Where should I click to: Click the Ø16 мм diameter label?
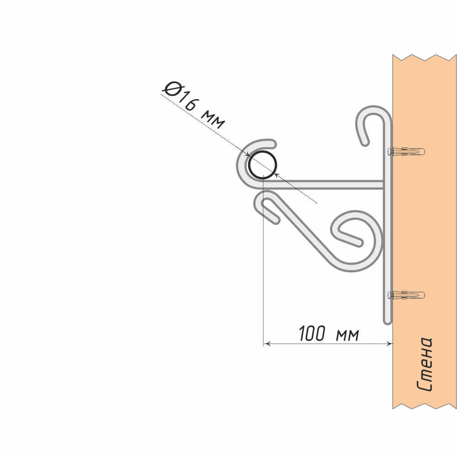[194, 105]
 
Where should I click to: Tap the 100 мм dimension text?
[329, 334]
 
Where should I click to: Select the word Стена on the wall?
[425, 364]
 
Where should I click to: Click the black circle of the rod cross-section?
[262, 165]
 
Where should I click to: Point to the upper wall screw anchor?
[406, 152]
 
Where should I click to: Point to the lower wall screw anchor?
[406, 295]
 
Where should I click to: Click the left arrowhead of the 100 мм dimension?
[267, 344]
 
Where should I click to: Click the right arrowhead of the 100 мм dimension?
[389, 344]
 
